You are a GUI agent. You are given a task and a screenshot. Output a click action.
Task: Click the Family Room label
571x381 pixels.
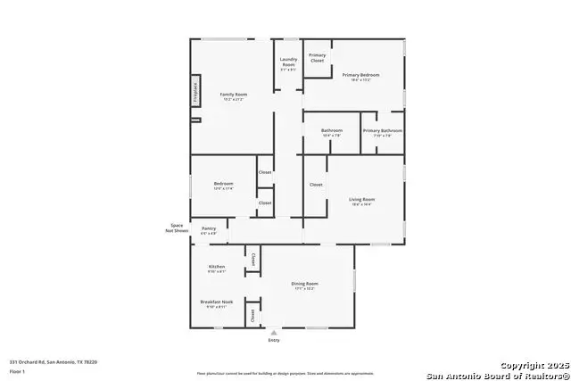(234, 94)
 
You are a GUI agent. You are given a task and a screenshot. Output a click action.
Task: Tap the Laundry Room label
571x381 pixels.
(288, 63)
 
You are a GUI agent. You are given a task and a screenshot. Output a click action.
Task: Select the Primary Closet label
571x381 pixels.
(317, 58)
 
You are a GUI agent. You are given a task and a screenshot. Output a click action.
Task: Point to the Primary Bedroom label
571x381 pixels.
(360, 75)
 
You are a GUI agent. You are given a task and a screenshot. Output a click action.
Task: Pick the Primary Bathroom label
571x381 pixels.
(382, 131)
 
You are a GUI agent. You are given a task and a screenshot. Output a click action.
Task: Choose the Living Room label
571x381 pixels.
(361, 200)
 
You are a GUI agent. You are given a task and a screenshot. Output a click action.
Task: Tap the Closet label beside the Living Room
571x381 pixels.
(316, 185)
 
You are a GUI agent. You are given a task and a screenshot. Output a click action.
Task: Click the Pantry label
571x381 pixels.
(209, 228)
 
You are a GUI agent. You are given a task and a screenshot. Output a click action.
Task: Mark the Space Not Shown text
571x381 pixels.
(176, 228)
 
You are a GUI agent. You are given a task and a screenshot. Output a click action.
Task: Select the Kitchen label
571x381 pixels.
(217, 267)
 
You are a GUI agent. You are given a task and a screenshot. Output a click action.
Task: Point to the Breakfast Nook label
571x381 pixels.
(217, 302)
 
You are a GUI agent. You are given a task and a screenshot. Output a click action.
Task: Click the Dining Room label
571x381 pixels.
(304, 285)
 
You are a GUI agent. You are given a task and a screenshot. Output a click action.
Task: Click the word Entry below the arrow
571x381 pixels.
(273, 341)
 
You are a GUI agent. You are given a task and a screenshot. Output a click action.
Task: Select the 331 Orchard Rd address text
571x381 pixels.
(53, 361)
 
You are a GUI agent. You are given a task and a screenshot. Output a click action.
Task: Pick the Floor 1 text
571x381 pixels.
(16, 370)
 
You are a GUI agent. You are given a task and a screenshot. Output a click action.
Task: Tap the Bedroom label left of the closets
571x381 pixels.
(223, 185)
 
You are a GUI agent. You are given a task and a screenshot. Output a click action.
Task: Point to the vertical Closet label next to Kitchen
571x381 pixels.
(253, 260)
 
